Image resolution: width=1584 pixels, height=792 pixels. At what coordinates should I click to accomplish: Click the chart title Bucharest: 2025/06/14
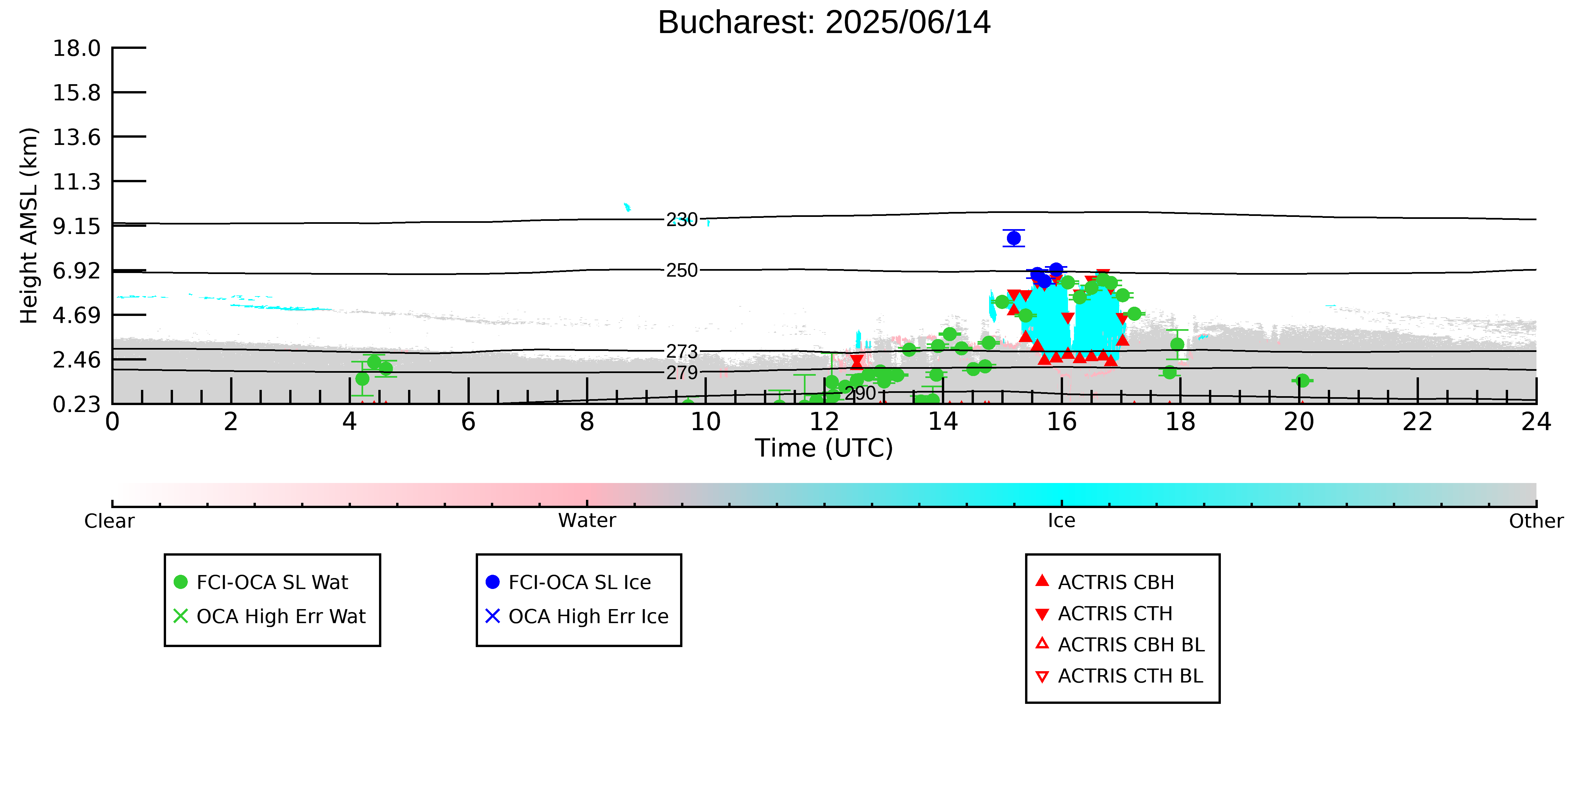pyautogui.click(x=824, y=23)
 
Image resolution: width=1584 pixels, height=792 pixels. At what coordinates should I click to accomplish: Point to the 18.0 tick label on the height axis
pyautogui.click(x=76, y=48)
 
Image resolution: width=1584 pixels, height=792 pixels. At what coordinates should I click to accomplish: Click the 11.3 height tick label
pyautogui.click(x=76, y=181)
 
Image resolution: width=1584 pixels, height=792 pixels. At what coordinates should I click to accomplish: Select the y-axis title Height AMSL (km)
pyautogui.click(x=29, y=226)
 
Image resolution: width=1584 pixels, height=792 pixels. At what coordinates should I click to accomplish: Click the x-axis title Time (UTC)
pyautogui.click(x=824, y=448)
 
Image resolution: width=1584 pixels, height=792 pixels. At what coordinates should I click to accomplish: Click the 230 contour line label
pyautogui.click(x=682, y=220)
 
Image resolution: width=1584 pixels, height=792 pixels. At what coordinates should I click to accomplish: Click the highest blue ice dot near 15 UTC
pyautogui.click(x=1014, y=238)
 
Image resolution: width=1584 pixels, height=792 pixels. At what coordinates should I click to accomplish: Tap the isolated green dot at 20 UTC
pyautogui.click(x=1302, y=381)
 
